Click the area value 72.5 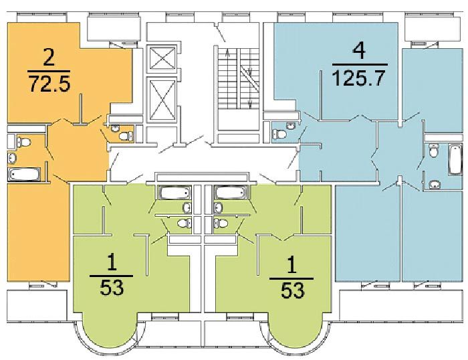[49, 84]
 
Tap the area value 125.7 [358, 78]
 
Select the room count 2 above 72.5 [49, 59]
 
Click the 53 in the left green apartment [112, 288]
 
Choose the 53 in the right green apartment [293, 290]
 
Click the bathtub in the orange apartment [24, 174]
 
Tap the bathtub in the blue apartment [455, 159]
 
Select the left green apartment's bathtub [174, 193]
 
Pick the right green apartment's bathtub [231, 193]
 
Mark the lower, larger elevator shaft [162, 100]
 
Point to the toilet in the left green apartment [185, 223]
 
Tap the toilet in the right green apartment [221, 223]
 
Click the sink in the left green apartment [187, 207]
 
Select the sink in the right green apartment [218, 207]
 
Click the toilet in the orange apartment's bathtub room [24, 141]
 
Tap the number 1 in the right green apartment [291, 265]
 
